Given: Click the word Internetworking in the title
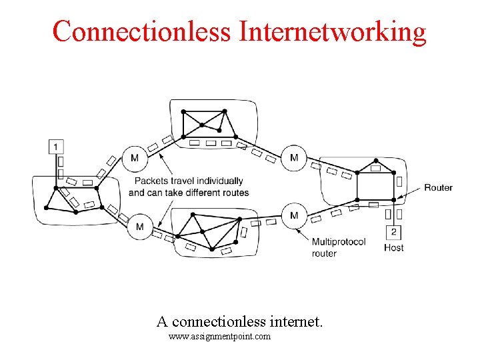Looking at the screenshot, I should click(332, 31).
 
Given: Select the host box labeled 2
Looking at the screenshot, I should click(394, 232).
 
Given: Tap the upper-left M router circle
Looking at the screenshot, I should click(135, 158).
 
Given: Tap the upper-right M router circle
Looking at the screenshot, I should click(294, 158).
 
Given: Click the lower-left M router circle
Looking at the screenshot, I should click(139, 227).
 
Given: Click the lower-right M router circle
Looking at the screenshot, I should click(294, 215).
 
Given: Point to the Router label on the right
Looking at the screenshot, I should click(438, 187).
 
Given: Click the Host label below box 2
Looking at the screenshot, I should click(393, 248).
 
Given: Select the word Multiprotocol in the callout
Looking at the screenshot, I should click(339, 242).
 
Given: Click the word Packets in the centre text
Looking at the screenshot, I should click(151, 181).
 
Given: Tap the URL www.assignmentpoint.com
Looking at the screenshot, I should click(219, 337).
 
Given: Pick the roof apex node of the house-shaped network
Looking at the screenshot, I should click(376, 160).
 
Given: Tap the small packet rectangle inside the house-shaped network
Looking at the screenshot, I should click(375, 169).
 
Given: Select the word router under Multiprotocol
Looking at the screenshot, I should click(324, 253).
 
